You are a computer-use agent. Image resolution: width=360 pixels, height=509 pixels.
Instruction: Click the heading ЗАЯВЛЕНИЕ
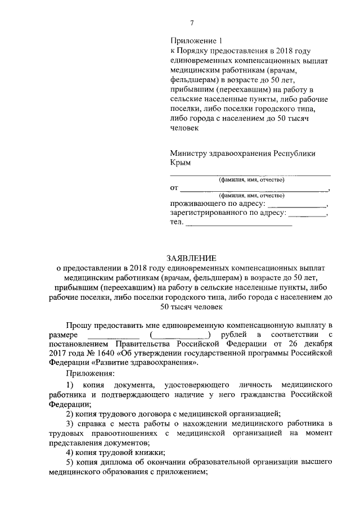[191, 258]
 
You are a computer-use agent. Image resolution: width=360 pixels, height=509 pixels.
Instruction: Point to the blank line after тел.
[239, 224]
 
